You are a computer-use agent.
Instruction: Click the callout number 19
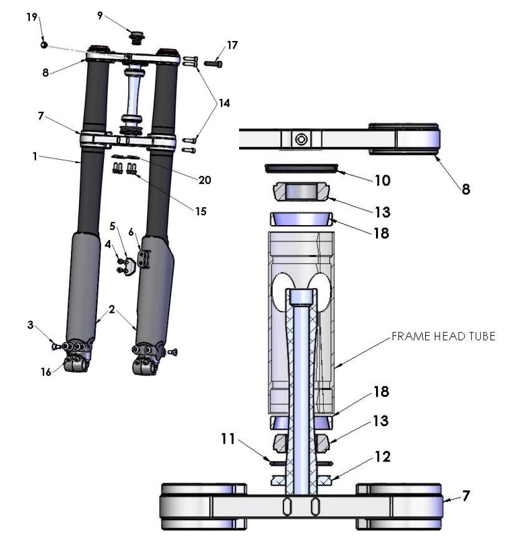pyautogui.click(x=31, y=17)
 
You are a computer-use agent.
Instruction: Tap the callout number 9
pyautogui.click(x=100, y=16)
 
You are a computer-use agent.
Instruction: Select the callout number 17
pyautogui.click(x=232, y=45)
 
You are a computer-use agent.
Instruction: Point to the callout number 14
pyautogui.click(x=224, y=104)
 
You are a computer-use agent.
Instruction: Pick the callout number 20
pyautogui.click(x=204, y=180)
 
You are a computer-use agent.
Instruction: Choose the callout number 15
pyautogui.click(x=200, y=211)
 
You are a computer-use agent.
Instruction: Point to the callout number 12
pyautogui.click(x=383, y=457)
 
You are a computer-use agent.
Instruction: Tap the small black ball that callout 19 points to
pyautogui.click(x=44, y=45)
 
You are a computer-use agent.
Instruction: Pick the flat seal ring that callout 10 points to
pyautogui.click(x=302, y=167)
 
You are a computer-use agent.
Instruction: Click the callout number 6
pyautogui.click(x=131, y=231)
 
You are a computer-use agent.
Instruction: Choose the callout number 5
pyautogui.click(x=113, y=225)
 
